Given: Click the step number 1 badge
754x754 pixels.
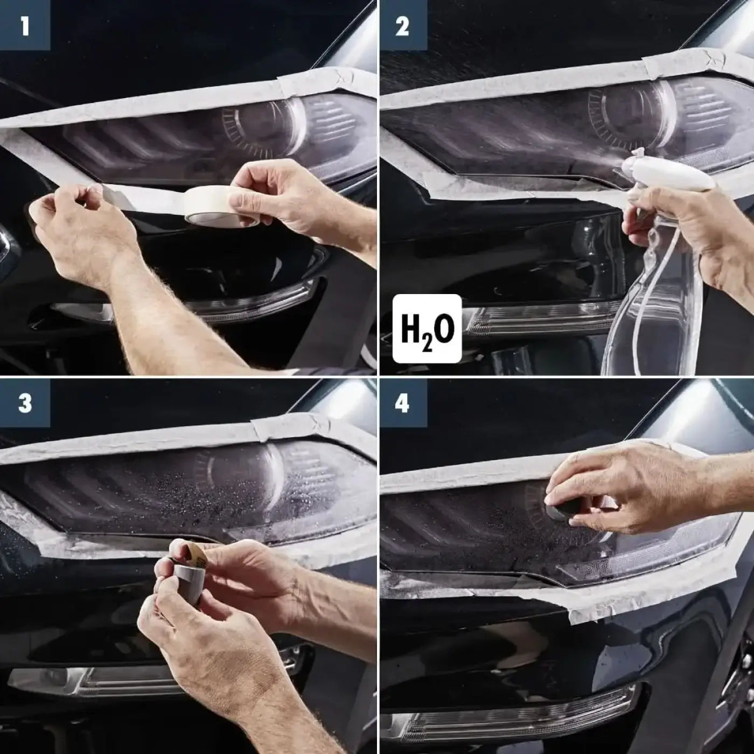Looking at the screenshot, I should click(x=25, y=25).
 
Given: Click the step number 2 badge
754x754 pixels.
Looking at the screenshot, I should click(x=403, y=25).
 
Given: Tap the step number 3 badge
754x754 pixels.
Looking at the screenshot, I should click(x=25, y=403).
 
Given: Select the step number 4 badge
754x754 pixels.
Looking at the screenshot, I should click(x=403, y=403).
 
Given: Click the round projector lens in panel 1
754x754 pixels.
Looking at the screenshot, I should click(x=259, y=127).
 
